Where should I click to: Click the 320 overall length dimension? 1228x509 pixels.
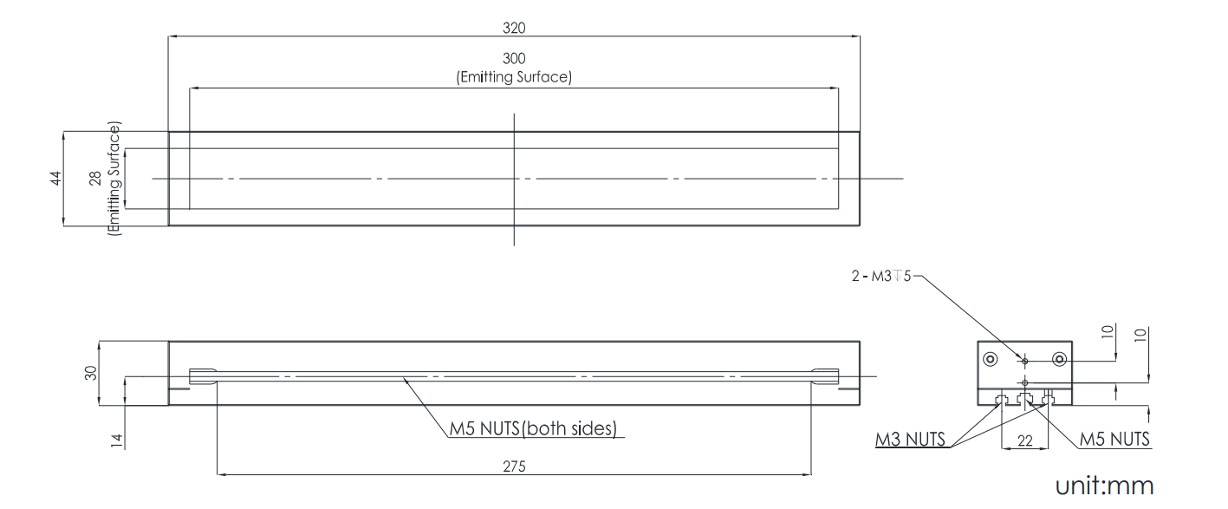[513, 27]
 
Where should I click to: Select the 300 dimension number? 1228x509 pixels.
[513, 59]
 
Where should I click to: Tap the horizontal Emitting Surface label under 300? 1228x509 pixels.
[513, 77]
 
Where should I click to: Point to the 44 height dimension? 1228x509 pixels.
[55, 179]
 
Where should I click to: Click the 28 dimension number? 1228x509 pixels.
[96, 179]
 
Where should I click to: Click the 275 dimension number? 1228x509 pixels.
[513, 466]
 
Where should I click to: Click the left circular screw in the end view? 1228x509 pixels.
[990, 359]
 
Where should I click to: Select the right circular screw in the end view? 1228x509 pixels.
[1059, 359]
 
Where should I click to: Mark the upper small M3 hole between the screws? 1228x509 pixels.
[1024, 360]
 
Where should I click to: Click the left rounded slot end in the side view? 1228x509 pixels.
[202, 376]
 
